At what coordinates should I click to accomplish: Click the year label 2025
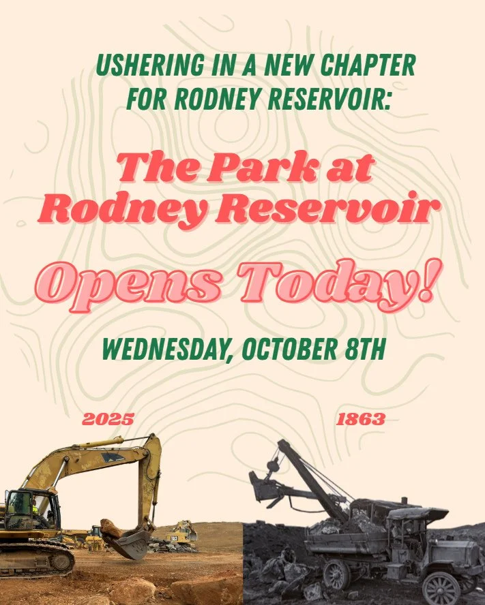[108, 419]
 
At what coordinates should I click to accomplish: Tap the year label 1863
[361, 419]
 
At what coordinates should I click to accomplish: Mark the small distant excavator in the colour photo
[181, 531]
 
